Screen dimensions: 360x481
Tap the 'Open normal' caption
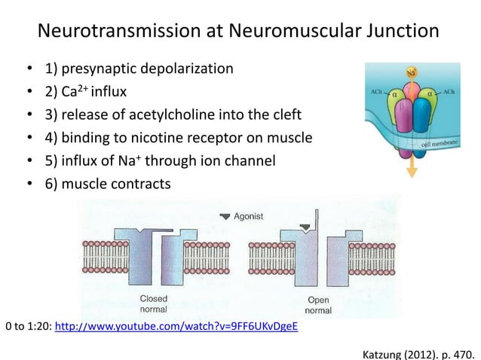coord(317,304)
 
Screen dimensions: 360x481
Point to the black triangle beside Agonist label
coord(223,216)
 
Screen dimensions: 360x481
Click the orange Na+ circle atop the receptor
coord(412,73)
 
